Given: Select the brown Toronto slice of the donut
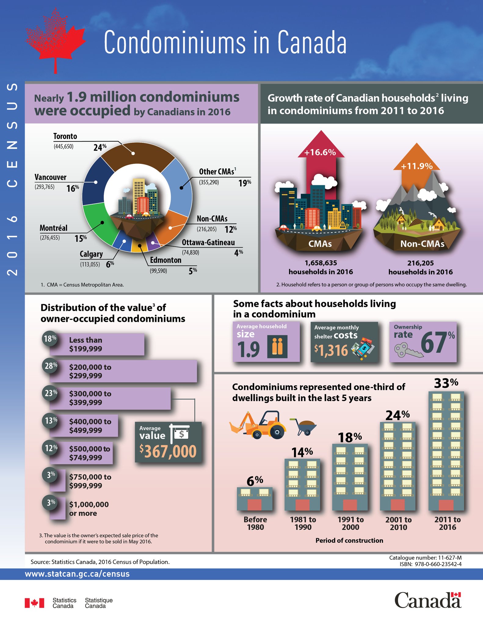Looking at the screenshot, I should (x=137, y=156).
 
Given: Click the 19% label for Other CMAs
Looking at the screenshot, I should (x=245, y=183).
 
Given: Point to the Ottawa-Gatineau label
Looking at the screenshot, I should (x=208, y=242).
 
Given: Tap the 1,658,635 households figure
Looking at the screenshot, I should (x=321, y=263).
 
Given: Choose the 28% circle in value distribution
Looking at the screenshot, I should (x=50, y=366).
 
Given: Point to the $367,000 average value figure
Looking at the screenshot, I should (x=168, y=451).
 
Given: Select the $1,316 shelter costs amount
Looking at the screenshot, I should (x=331, y=350).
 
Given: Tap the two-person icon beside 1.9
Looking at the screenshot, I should (x=277, y=346).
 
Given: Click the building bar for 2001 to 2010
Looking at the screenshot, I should (x=398, y=466).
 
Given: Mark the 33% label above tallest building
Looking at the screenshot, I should (x=446, y=383).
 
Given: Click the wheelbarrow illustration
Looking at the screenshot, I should (x=304, y=426).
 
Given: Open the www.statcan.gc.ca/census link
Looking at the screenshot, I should (x=77, y=574).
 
